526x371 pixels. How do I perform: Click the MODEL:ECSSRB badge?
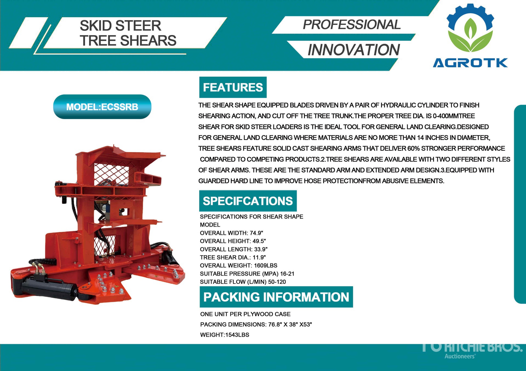(x=102, y=107)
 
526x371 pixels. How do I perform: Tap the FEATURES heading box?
(x=233, y=87)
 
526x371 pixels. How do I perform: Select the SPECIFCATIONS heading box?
(x=248, y=201)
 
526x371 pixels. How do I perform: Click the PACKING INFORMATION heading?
(x=276, y=297)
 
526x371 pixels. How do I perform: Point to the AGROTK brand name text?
(x=470, y=63)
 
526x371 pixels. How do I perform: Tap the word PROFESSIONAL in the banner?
(x=352, y=25)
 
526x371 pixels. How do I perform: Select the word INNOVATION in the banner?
(x=354, y=50)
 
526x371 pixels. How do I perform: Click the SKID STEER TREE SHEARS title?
(x=128, y=33)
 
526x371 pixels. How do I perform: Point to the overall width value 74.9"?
(x=256, y=233)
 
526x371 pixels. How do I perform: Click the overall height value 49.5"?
(x=259, y=241)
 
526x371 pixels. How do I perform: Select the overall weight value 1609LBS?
(x=265, y=265)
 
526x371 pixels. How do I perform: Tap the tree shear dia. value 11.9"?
(x=259, y=257)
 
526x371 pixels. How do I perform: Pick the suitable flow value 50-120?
(x=277, y=282)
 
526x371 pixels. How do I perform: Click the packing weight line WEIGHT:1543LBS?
(x=225, y=335)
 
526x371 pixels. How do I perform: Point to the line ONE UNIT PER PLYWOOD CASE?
(x=245, y=314)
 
